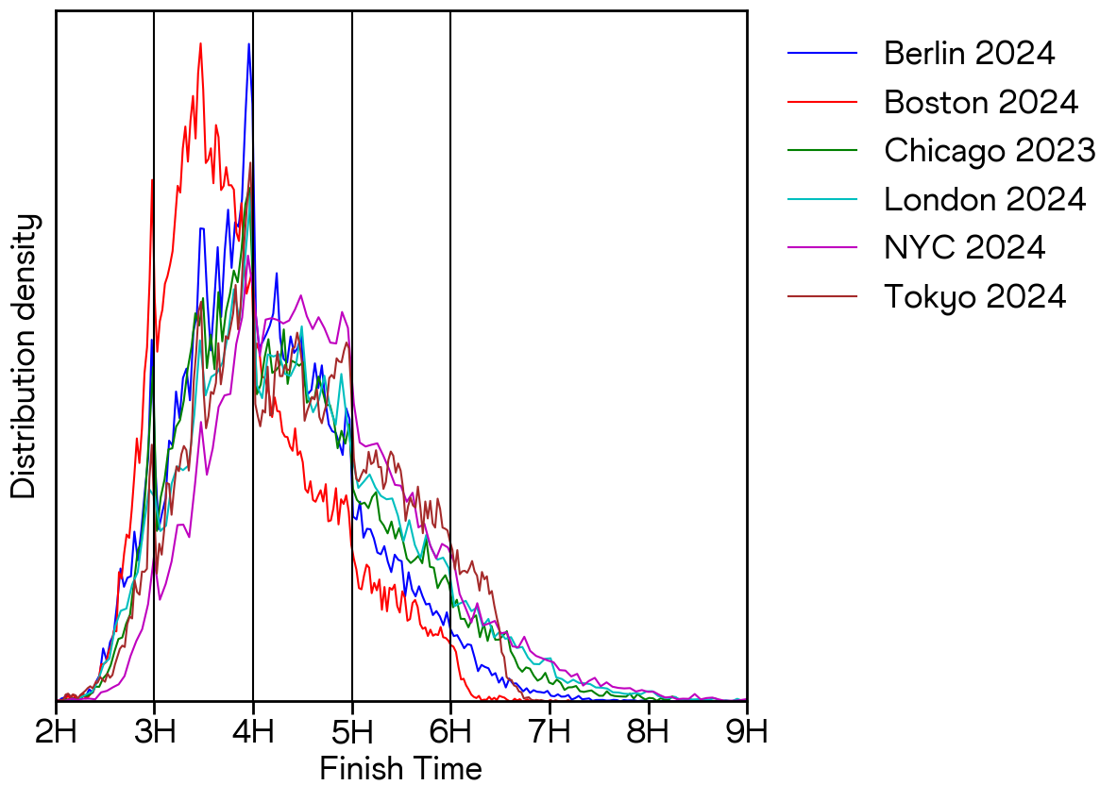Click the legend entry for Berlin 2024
[x=969, y=53]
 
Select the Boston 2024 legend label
[x=980, y=102]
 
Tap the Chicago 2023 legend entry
[x=989, y=150]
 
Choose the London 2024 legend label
[x=985, y=199]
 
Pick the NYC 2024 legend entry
[x=964, y=247]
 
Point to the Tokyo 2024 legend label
[x=974, y=296]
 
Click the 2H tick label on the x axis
[x=56, y=731]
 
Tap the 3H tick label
[x=154, y=731]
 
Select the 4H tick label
[x=253, y=731]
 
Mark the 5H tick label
[x=352, y=731]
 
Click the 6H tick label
[x=450, y=731]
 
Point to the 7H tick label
[x=550, y=731]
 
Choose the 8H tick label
[x=649, y=731]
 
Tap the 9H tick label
[x=747, y=731]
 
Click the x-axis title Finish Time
[x=401, y=768]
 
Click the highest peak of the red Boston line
[x=201, y=43]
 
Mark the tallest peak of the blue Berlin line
[x=249, y=44]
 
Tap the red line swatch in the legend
[x=822, y=102]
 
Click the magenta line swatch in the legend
[x=822, y=247]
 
